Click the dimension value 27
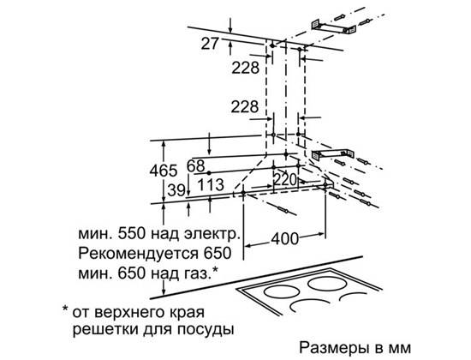click(x=210, y=44)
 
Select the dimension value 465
click(x=164, y=171)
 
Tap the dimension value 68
click(x=196, y=166)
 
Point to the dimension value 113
click(x=211, y=184)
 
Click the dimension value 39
click(x=176, y=190)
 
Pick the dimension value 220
click(x=285, y=180)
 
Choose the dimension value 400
click(x=285, y=239)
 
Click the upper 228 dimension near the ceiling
click(x=245, y=68)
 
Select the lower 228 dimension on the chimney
click(x=245, y=106)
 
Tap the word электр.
click(x=212, y=234)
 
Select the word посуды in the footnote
click(x=206, y=330)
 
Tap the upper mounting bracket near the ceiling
click(x=333, y=27)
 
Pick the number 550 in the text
click(x=132, y=234)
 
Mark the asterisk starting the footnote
click(x=65, y=309)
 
